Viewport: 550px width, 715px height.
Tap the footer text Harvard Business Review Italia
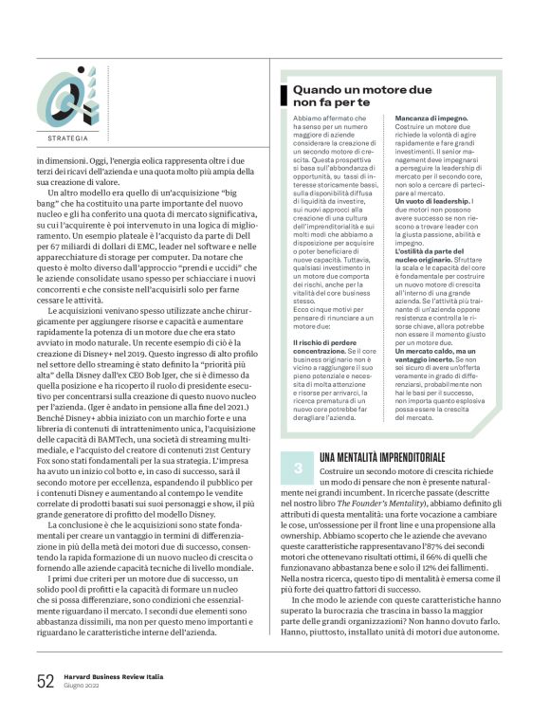pos(111,674)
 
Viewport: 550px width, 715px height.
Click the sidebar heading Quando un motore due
pos(353,89)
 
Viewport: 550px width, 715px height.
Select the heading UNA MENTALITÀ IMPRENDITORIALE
pos(376,457)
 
